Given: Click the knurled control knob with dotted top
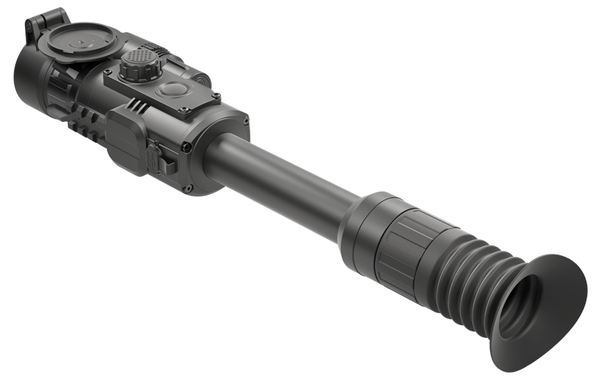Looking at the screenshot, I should coord(141,65).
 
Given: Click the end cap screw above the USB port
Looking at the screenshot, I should coord(184,148).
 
